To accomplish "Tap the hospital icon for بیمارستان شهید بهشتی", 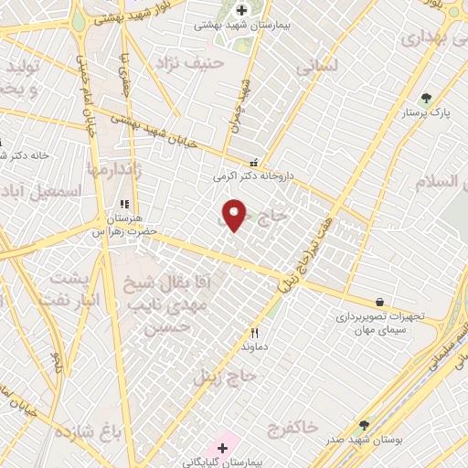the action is pos(241,10).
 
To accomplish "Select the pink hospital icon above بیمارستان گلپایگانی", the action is pos(221,448).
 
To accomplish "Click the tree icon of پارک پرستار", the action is pos(426,99).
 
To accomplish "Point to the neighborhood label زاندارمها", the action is pos(116,170).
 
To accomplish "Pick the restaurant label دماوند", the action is pos(253,347).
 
